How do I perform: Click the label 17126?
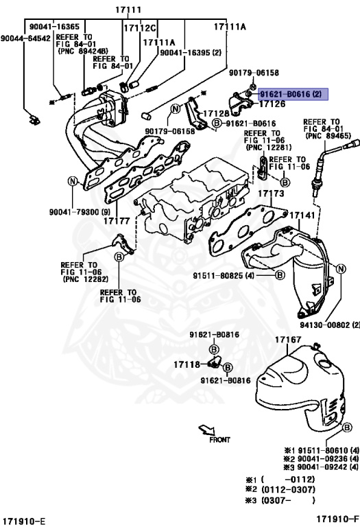272,104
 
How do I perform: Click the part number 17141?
302,215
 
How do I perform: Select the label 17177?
117,221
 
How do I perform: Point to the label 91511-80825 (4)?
224,274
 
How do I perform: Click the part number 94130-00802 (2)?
329,324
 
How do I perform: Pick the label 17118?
187,364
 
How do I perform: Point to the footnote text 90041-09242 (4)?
322,467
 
